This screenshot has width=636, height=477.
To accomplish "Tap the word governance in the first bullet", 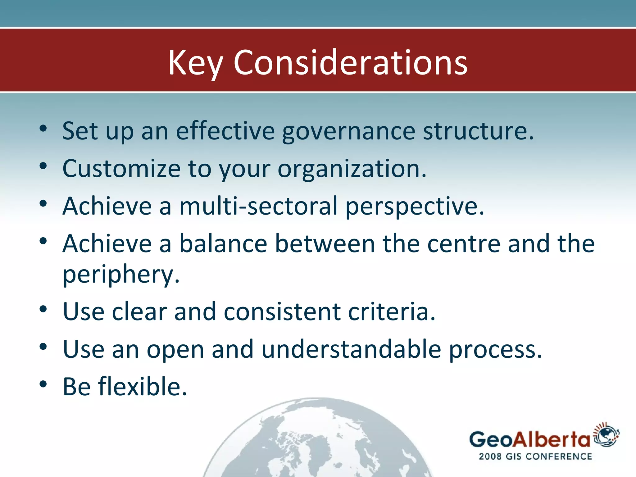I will [348, 131].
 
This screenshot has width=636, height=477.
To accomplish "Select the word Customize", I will [121, 169].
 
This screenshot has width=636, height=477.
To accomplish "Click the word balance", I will [223, 243].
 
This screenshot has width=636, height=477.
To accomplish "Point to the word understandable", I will [351, 349].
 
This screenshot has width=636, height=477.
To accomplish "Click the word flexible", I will [143, 387].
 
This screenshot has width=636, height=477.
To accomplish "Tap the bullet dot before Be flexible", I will [43, 384].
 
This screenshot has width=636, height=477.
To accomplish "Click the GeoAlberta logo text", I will [529, 440].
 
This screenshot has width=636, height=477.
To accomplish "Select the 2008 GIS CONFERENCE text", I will [535, 457].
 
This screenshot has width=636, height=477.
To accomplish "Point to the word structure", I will [478, 131].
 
